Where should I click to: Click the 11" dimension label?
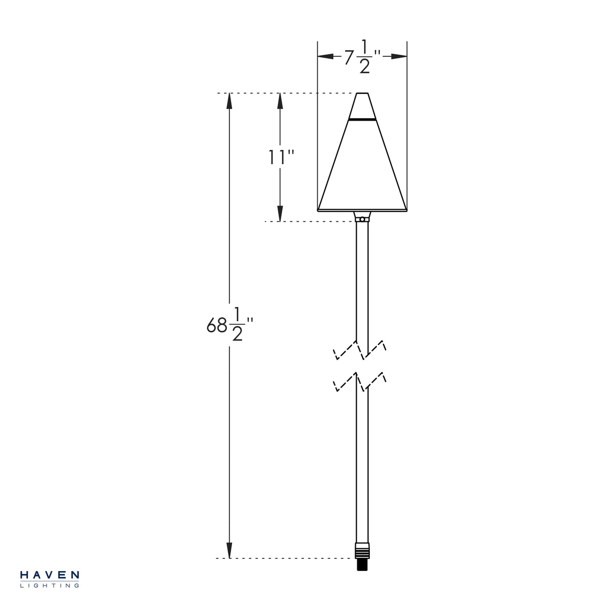click(281, 157)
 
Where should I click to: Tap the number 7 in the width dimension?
click(349, 57)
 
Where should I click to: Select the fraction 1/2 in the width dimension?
click(364, 56)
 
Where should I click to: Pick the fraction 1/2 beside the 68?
click(237, 324)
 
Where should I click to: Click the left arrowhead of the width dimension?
click(325, 56)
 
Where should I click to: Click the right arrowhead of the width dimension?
click(399, 56)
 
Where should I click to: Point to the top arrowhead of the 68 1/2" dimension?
click(230, 101)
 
